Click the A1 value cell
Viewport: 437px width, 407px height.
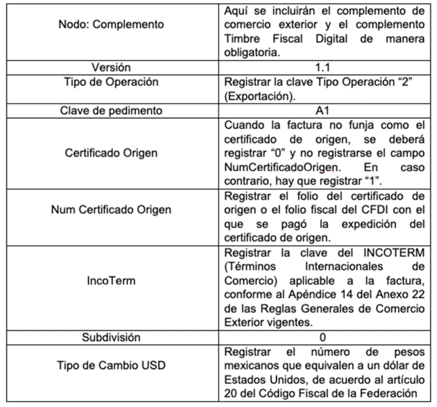click(322, 110)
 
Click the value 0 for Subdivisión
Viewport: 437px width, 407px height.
click(322, 338)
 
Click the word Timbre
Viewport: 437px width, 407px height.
click(241, 39)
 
